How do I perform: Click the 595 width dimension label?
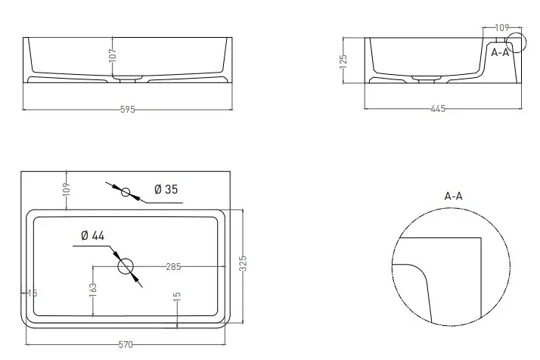coord(127,110)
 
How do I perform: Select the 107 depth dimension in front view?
coord(113,55)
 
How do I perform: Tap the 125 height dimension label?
coord(343,62)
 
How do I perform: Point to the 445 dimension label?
coord(438,109)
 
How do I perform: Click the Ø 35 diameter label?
coord(166,189)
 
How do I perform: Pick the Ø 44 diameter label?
coord(92,235)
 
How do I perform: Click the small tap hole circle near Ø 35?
coord(126,192)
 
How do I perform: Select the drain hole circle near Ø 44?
coord(126,266)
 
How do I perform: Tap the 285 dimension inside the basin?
coord(173,267)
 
